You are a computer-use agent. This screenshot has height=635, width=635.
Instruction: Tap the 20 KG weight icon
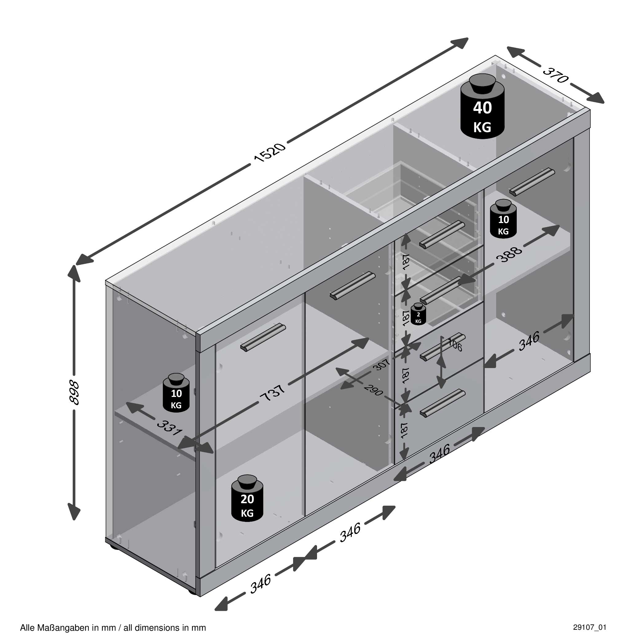[247, 499]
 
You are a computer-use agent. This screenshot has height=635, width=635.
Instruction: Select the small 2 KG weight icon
[418, 314]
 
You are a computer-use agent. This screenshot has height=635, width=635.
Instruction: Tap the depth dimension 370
[555, 75]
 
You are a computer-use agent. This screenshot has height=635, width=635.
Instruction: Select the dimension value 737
[272, 393]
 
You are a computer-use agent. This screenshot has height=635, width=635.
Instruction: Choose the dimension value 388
[509, 254]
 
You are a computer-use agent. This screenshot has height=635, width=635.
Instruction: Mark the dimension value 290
[374, 390]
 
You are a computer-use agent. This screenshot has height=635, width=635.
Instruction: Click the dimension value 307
[382, 364]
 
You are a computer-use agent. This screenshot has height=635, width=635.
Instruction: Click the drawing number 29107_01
[590, 627]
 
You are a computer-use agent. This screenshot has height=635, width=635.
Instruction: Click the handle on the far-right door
[532, 182]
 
